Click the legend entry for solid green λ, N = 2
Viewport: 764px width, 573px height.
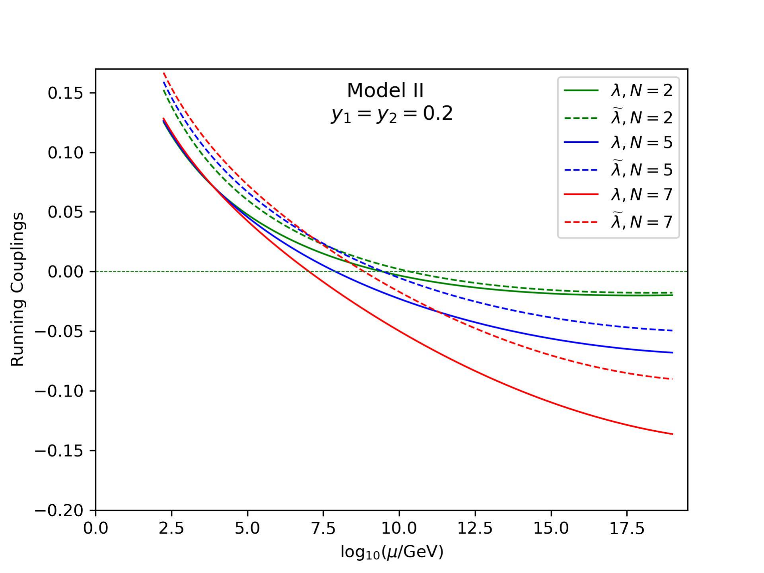click(x=618, y=91)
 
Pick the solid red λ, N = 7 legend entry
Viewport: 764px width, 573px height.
click(x=618, y=194)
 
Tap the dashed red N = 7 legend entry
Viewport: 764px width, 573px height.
click(x=618, y=221)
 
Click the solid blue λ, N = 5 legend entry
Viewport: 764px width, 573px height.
click(x=618, y=142)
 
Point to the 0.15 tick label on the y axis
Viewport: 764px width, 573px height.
click(x=66, y=93)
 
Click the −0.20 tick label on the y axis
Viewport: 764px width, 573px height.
click(x=59, y=510)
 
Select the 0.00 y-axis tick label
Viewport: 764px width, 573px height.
click(x=66, y=272)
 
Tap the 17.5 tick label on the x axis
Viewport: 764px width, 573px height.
click(x=627, y=528)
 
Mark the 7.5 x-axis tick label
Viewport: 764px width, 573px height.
click(x=323, y=528)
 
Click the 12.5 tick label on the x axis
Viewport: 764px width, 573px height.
click(x=475, y=528)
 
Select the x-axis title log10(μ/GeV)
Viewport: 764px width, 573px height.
click(x=392, y=552)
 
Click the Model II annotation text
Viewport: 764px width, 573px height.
click(x=385, y=90)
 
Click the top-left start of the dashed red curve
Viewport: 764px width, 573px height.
click(x=163, y=73)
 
